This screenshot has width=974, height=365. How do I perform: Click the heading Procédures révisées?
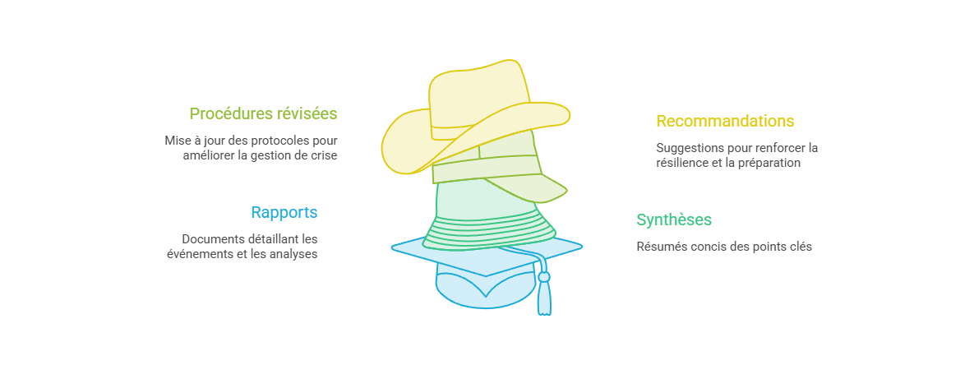coord(263,113)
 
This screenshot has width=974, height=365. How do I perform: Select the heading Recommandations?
coord(725,120)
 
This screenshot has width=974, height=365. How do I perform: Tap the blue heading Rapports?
coord(284,212)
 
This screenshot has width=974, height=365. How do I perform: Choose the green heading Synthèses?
coord(674,219)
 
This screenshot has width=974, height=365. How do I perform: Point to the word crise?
coord(325,155)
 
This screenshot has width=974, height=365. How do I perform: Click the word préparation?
coord(769,164)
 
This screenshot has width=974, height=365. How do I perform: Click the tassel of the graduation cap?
coord(544,292)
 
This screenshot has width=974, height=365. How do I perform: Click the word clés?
coord(801,247)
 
